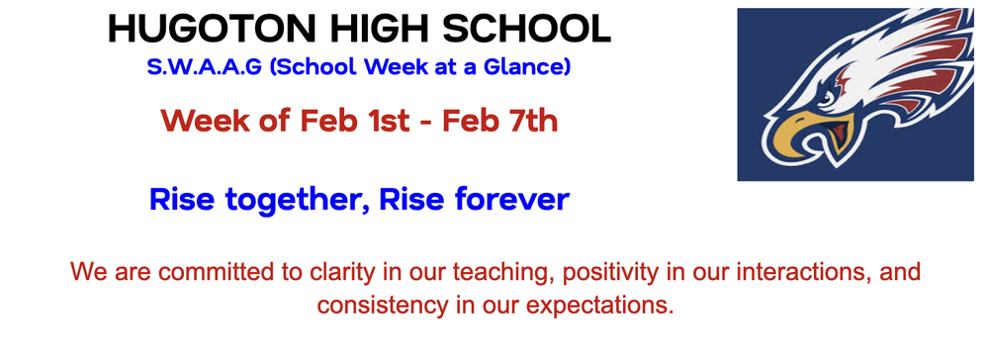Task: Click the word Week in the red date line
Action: point(201,122)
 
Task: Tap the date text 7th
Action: point(530,122)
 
